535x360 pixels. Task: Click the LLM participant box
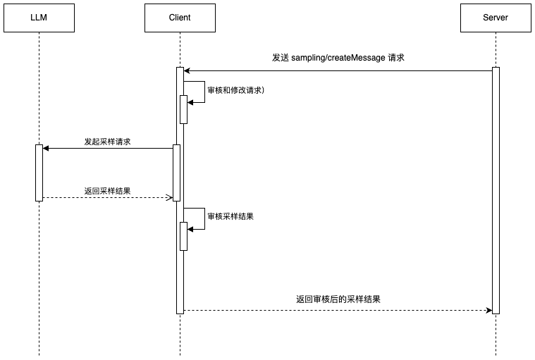point(39,18)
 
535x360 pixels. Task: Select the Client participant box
point(180,18)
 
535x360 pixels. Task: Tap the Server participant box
point(496,18)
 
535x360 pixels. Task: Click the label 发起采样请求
point(107,142)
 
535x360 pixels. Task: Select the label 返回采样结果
point(107,191)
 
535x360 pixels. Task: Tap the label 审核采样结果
point(230,216)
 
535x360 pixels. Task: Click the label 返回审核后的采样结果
point(338,299)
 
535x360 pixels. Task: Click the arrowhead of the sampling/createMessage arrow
point(187,70)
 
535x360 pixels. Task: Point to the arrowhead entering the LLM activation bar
point(46,148)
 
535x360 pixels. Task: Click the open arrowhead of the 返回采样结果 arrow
point(169,197)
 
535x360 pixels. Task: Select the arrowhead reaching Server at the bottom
point(488,310)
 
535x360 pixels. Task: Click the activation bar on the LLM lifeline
point(39,173)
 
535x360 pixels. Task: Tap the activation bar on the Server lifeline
point(496,190)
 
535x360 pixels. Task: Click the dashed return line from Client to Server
point(338,310)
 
